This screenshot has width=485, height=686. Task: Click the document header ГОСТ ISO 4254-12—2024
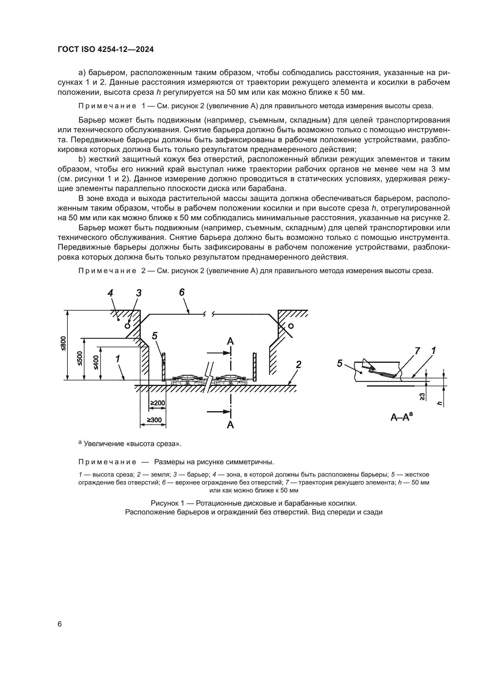(x=106, y=50)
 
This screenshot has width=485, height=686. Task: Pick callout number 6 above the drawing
(x=182, y=292)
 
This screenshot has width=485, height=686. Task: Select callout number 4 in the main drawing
(x=111, y=293)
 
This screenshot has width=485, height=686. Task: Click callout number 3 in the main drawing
(x=139, y=293)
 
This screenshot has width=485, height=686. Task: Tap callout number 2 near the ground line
(x=298, y=364)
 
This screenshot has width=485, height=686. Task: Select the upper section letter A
(x=230, y=341)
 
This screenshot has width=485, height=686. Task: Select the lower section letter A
(x=230, y=425)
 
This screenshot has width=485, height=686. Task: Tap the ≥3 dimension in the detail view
(x=422, y=397)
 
